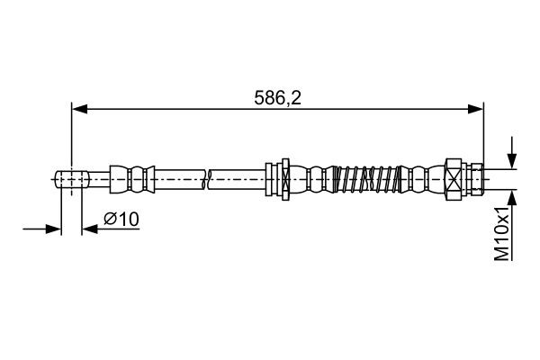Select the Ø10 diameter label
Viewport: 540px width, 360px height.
point(121,220)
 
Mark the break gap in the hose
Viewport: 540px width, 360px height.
point(209,177)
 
